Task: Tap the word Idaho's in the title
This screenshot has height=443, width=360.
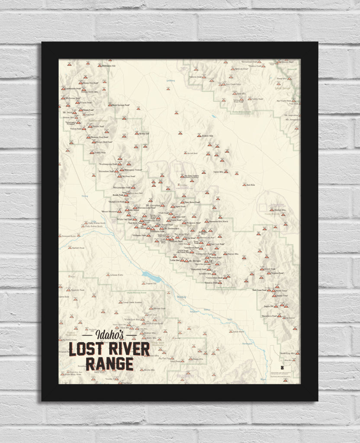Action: click(109, 335)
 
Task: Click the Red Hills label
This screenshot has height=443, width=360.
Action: click(251, 185)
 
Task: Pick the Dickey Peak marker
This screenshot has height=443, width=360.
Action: click(92, 152)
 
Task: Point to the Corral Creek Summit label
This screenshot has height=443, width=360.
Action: click(132, 302)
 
